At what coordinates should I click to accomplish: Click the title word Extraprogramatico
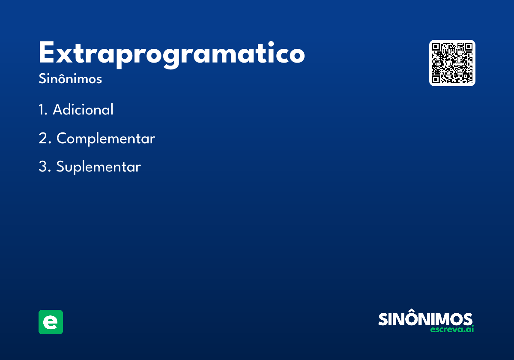[172, 55]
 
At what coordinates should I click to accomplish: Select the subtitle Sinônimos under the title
[70, 78]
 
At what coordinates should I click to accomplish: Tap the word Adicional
[83, 109]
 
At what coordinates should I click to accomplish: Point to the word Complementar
[106, 138]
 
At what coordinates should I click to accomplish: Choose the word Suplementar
[99, 167]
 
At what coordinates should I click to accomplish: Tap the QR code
[452, 63]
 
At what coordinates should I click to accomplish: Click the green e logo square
[51, 322]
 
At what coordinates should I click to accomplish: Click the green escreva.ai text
[452, 329]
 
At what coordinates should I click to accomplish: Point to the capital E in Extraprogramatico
[47, 52]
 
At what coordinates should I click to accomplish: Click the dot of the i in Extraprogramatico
[271, 44]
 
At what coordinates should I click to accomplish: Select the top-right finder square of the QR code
[468, 47]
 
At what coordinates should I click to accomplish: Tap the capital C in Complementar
[63, 138]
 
